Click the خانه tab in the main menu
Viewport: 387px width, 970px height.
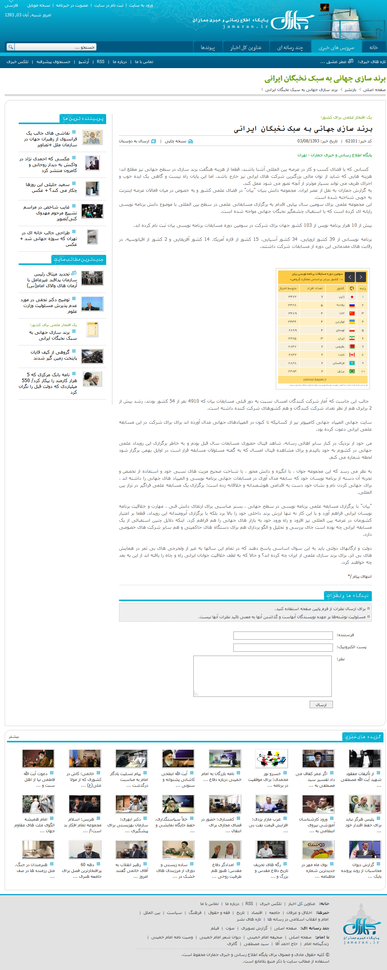[373, 47]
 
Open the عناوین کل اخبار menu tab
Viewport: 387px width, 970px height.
[246, 47]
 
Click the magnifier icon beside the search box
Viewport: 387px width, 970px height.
[11, 47]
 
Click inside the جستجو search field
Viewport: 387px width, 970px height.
[55, 47]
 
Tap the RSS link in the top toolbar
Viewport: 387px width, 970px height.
[101, 62]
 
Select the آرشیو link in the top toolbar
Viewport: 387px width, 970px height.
[84, 62]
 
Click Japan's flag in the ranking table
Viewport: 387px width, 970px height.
[352, 297]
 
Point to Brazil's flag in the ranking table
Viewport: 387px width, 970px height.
[352, 371]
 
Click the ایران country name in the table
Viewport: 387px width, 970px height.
[341, 339]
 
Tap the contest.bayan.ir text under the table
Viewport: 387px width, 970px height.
[315, 379]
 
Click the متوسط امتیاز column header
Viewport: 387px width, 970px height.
[288, 288]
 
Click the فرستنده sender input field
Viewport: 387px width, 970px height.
[283, 635]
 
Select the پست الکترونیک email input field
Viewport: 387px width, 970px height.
[283, 647]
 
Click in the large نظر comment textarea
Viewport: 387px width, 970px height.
[263, 676]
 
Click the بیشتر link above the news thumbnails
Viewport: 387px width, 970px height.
[14, 737]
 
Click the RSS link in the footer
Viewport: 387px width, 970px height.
[249, 904]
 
